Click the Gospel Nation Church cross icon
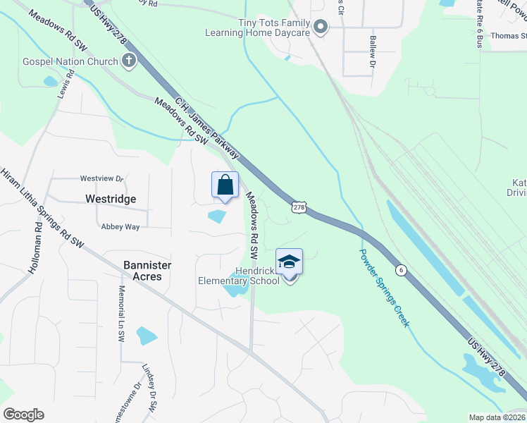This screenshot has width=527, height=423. (x=128, y=61)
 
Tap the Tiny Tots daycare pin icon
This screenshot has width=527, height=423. (x=321, y=27)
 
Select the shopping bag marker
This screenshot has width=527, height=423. (x=225, y=186)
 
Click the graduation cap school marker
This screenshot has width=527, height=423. (x=289, y=262)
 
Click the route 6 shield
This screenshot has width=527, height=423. (x=400, y=270)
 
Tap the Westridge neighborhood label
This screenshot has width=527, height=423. (x=110, y=199)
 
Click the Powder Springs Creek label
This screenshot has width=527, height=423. (x=383, y=287)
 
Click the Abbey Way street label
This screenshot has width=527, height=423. (x=120, y=226)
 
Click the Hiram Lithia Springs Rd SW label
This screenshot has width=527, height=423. (x=43, y=208)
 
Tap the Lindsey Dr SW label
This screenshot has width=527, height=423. (x=149, y=388)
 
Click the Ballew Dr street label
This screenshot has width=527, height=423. (x=372, y=52)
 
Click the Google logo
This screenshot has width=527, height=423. (x=23, y=415)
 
